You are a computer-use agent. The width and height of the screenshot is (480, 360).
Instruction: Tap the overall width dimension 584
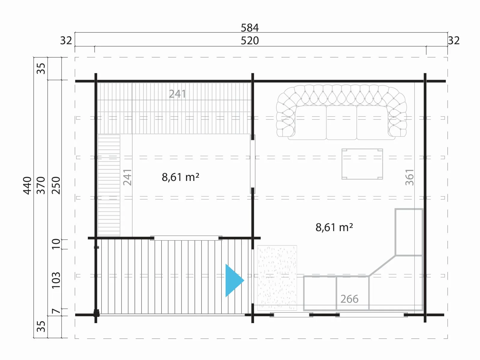(250, 28)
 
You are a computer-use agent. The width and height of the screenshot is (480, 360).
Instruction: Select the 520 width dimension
(250, 41)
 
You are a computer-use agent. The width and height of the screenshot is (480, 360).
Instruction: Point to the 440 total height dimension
(27, 186)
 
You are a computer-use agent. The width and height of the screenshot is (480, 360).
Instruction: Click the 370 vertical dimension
(41, 186)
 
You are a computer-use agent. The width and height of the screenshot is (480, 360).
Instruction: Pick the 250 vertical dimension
(56, 186)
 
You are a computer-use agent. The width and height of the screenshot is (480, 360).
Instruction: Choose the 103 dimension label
(56, 280)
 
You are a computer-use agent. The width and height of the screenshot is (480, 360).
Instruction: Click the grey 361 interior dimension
(409, 177)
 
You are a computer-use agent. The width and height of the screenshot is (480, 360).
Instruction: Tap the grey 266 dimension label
(349, 299)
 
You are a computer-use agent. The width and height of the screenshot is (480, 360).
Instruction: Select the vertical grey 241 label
(127, 177)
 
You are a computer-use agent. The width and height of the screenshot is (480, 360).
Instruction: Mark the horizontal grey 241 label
(177, 94)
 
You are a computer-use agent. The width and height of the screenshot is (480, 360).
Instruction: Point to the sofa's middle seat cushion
(341, 122)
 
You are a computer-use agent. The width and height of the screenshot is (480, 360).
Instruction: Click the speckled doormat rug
(277, 278)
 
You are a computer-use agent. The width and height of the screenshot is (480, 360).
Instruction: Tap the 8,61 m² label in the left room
(180, 177)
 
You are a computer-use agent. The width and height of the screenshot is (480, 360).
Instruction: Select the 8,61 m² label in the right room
(334, 227)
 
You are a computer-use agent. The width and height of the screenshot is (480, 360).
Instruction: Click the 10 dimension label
(56, 244)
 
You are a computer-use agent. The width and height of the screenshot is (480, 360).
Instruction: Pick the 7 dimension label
(56, 311)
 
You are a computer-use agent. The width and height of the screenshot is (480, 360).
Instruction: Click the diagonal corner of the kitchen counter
(382, 265)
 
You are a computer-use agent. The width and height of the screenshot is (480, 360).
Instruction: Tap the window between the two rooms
(253, 164)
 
